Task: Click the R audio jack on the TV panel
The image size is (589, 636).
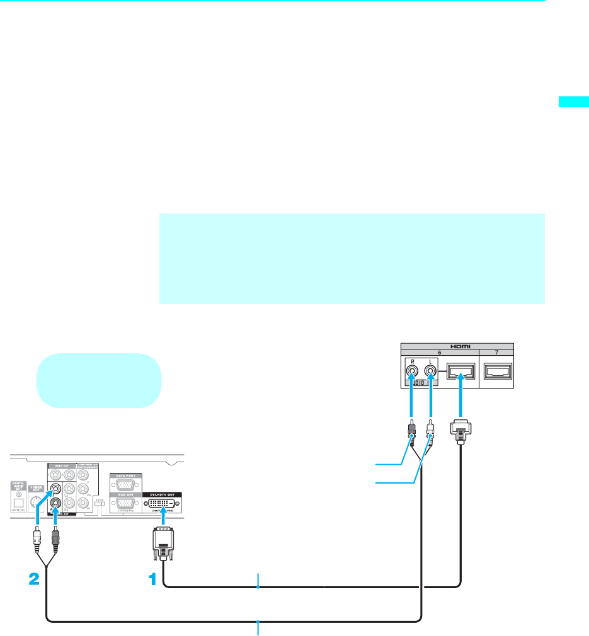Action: pos(412,372)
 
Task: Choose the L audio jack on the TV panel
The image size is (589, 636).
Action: pos(430,372)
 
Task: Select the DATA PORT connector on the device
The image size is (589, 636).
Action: pos(125,485)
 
